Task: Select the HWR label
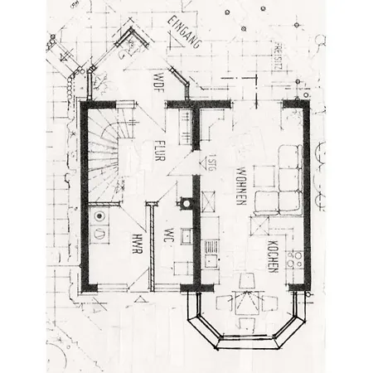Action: click(135, 245)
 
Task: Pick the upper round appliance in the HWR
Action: click(100, 217)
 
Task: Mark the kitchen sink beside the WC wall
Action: click(211, 247)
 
